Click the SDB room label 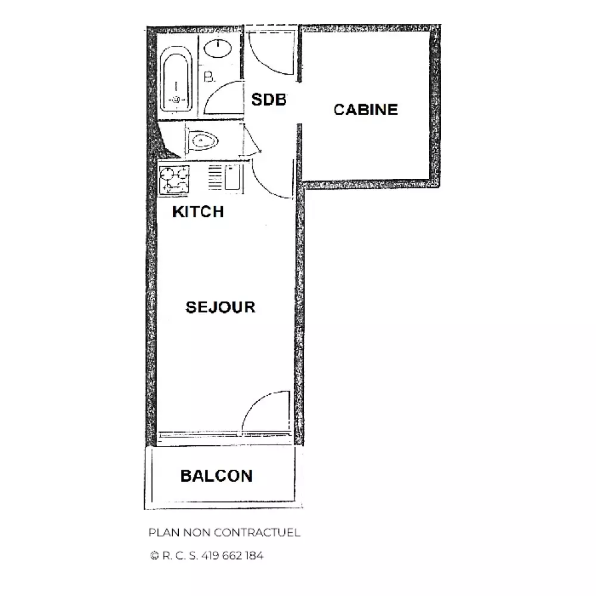(269, 100)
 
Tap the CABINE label (366, 110)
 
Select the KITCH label (198, 212)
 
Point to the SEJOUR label (221, 307)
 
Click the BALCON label (217, 476)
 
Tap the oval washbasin (218, 49)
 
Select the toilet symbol (202, 141)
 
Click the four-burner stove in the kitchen (174, 180)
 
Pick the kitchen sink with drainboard (225, 177)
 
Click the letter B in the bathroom (209, 77)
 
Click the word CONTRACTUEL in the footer (257, 532)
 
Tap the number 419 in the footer (210, 555)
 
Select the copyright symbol (154, 555)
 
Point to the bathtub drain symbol (176, 100)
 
